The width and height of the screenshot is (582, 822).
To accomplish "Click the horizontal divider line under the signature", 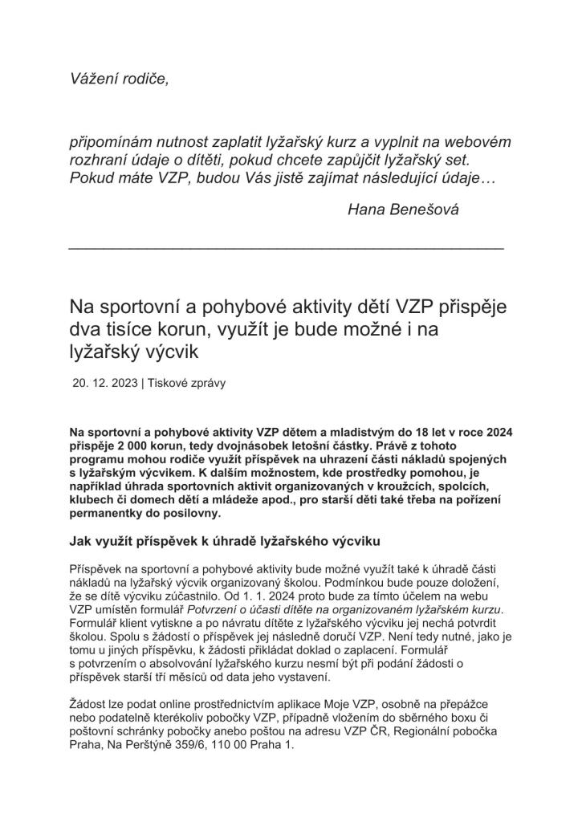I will pyautogui.click(x=286, y=248).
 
